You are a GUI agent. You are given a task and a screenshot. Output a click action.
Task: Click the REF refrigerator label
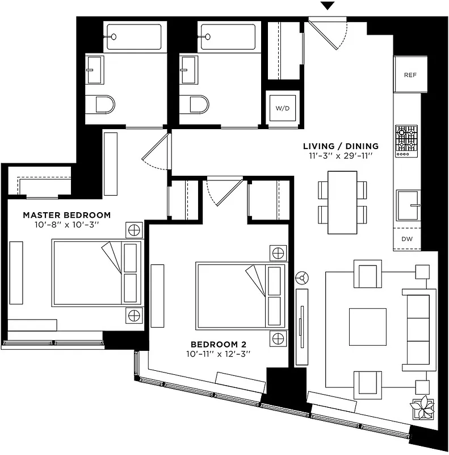tap(410, 75)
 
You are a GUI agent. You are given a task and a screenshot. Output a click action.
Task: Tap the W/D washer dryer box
tap(282, 108)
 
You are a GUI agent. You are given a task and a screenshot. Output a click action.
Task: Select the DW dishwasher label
tap(407, 239)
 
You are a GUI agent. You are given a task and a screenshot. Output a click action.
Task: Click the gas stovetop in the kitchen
tap(406, 140)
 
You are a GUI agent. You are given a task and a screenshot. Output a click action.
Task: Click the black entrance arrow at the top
tap(328, 6)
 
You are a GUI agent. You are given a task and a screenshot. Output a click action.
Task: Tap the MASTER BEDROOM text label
tap(66, 215)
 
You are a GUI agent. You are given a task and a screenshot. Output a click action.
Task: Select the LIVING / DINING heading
tap(340, 146)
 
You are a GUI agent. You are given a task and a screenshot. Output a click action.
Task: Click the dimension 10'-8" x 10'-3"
tap(66, 225)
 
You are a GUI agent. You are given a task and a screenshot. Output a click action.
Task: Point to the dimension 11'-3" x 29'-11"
tap(340, 156)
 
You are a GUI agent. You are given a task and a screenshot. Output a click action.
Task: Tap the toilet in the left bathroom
tap(103, 105)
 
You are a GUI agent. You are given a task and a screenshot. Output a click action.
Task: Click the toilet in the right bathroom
tap(197, 105)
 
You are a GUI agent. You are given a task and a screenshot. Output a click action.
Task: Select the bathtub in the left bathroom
tap(135, 36)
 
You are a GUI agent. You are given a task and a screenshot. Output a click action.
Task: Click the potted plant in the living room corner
tap(423, 408)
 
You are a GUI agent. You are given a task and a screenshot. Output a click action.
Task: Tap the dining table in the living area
tap(342, 202)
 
